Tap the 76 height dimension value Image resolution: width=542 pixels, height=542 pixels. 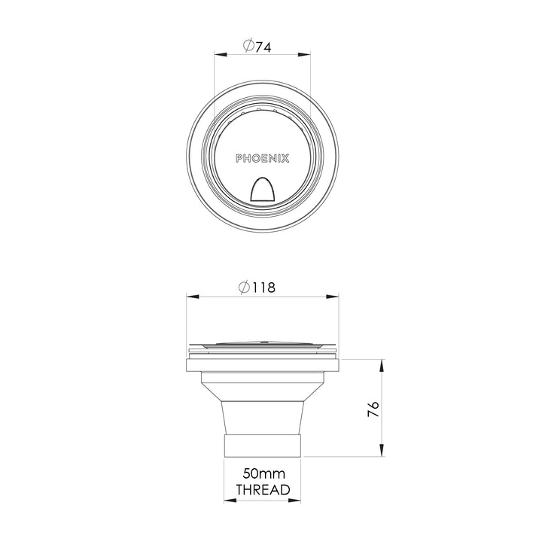[373, 410]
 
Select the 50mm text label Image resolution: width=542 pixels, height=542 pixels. [263, 474]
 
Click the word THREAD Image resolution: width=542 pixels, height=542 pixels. [263, 490]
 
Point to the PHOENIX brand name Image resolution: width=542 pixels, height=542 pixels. [263, 159]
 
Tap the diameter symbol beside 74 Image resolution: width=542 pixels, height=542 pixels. [248, 46]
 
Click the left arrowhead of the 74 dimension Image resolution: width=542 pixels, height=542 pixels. [220, 54]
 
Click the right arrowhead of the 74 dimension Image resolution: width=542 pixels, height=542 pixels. [306, 54]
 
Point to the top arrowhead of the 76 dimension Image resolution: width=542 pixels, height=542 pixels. [382, 366]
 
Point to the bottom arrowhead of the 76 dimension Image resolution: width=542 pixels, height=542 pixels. [382, 451]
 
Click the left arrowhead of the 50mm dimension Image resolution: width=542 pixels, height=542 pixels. [229, 501]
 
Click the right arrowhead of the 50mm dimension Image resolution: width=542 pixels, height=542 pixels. [298, 501]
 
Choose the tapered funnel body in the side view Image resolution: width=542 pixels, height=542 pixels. [263, 406]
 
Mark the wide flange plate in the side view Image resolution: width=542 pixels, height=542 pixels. [263, 365]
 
